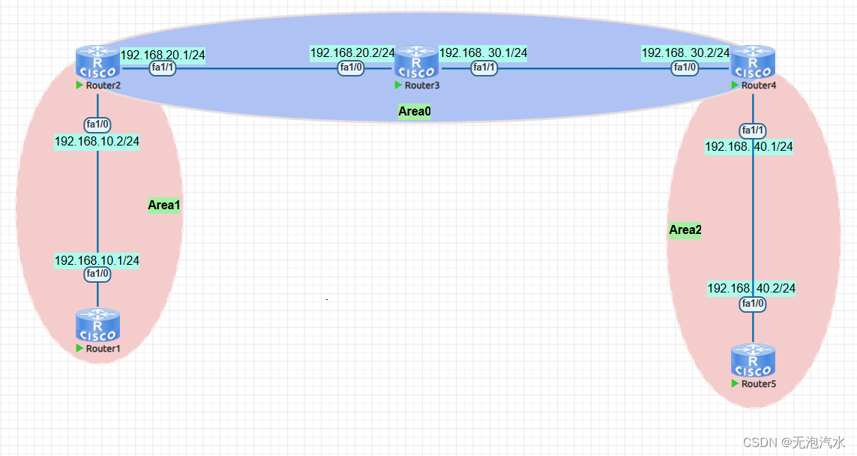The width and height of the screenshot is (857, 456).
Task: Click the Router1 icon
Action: (97, 325)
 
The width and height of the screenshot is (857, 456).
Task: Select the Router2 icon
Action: (97, 62)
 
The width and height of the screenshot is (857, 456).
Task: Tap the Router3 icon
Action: (417, 62)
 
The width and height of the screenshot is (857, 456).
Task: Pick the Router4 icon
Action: (752, 62)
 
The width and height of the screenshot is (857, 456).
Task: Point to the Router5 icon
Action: (753, 360)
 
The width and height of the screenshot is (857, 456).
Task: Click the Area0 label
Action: (415, 112)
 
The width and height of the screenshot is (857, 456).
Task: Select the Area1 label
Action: (164, 205)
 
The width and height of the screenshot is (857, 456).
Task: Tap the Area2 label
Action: (685, 229)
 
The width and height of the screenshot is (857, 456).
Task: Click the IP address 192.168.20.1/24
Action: (163, 54)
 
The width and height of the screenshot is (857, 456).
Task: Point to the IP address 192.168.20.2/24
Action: (352, 52)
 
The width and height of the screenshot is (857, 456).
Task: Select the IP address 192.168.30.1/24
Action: (483, 52)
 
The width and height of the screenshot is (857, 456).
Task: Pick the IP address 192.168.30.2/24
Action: (685, 52)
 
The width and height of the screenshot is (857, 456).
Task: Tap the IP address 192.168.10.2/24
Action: (97, 141)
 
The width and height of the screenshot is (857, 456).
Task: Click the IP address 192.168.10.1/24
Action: (97, 260)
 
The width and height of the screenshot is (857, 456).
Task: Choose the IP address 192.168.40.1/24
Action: (748, 146)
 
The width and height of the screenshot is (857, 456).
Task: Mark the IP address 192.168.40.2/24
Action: (751, 288)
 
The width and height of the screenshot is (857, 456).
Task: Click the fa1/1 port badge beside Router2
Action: (163, 67)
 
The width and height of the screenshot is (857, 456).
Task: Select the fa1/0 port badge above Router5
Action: (752, 304)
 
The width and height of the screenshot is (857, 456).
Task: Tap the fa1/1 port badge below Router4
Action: (752, 130)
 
